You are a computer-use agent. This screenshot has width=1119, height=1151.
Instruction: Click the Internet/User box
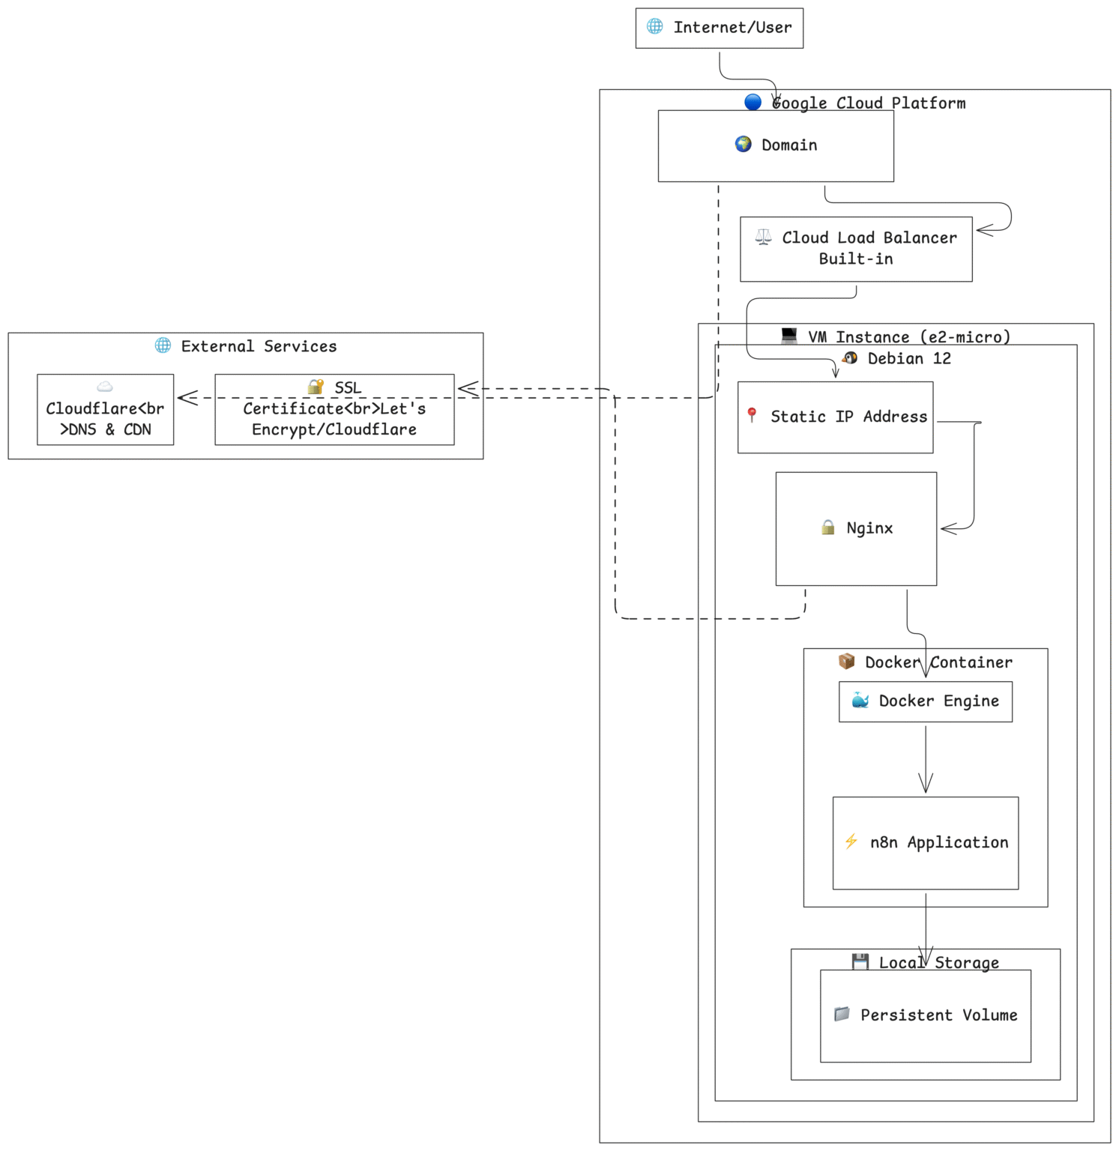pos(719,28)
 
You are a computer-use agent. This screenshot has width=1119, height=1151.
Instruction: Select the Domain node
pos(776,145)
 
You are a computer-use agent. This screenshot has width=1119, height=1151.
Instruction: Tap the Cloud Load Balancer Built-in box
pos(856,249)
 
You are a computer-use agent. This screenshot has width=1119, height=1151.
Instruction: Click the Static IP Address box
pos(835,417)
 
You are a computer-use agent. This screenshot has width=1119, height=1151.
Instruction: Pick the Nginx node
pos(856,528)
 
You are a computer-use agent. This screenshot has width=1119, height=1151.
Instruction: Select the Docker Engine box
pos(925,701)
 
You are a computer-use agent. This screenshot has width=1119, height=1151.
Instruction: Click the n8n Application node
pos(925,843)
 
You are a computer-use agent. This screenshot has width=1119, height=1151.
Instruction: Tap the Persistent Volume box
pos(925,1015)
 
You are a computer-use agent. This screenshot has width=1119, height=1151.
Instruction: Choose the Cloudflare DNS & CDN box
pos(105,410)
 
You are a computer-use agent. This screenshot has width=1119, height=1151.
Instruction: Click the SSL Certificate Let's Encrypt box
pos(334,410)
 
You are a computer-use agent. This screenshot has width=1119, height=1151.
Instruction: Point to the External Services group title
pos(259,346)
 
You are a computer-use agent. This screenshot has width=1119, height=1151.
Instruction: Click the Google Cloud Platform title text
pos(868,103)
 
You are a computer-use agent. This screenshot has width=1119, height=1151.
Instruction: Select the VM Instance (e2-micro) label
pos(908,337)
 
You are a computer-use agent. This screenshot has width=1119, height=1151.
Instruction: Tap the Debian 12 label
pos(908,359)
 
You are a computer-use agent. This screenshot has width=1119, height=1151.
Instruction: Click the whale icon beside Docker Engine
pos(860,701)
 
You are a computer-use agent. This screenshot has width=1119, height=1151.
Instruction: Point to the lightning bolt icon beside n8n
pos(851,842)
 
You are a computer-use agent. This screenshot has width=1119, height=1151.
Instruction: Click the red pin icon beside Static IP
pos(752,414)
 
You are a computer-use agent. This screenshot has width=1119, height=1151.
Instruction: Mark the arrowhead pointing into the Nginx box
pos(948,529)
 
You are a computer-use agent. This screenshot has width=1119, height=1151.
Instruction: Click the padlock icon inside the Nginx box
pos(827,528)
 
